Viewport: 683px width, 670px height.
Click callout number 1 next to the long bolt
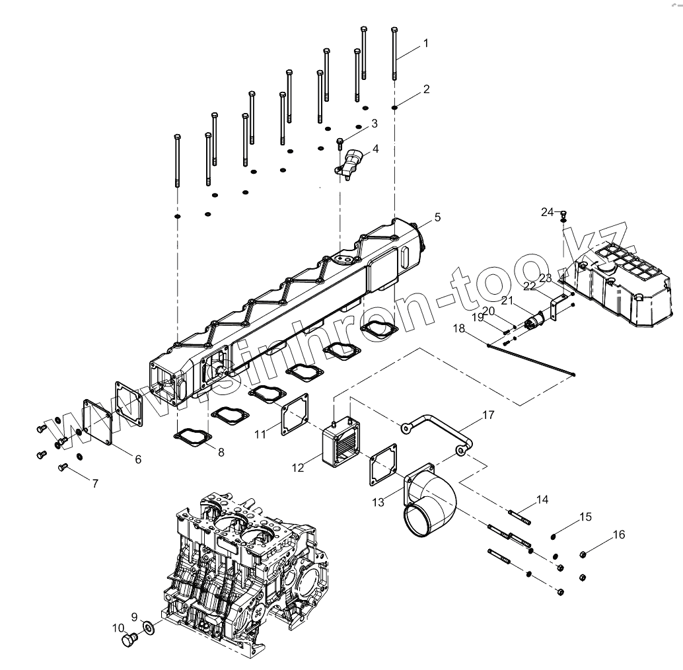426,43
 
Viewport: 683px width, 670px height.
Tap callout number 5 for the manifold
437,217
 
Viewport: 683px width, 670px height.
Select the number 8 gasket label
221,453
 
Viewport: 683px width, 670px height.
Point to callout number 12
298,467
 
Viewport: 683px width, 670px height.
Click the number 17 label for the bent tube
487,416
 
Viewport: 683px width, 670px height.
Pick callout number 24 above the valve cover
548,212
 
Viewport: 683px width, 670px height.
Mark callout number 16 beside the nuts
618,535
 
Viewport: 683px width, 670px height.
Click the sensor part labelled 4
352,163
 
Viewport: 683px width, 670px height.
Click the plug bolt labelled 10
128,640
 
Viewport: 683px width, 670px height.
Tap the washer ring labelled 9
149,626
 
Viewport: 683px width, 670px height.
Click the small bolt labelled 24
563,214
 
